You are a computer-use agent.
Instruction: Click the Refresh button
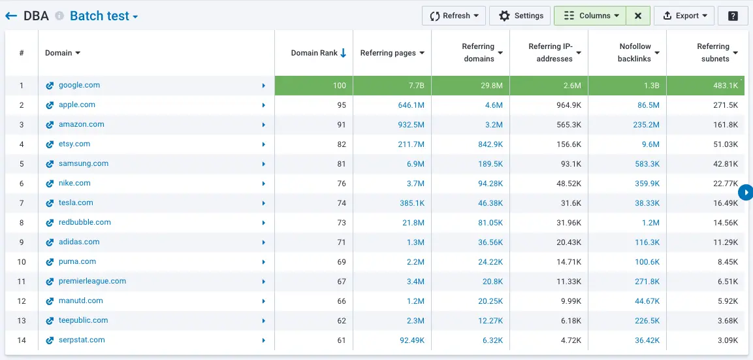pos(453,16)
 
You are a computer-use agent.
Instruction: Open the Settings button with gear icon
pos(521,16)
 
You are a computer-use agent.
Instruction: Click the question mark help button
pos(733,16)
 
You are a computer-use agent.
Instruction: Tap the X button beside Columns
pos(638,16)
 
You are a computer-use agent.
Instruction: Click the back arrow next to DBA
pos(11,16)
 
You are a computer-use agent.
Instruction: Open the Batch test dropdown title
pos(104,16)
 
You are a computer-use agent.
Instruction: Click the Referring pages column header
pos(392,53)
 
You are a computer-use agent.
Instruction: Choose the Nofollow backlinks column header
pos(638,53)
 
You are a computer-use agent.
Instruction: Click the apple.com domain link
pos(77,105)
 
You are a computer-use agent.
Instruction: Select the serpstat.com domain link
pos(82,340)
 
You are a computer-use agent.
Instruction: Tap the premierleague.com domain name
pos(92,281)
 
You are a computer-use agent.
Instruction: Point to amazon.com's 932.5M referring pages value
pos(411,125)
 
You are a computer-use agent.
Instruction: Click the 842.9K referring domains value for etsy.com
pos(489,144)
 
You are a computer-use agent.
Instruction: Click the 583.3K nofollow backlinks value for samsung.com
pos(647,164)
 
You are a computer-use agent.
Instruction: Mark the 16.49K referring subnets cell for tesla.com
pos(726,203)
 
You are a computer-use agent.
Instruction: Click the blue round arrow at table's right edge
pos(745,193)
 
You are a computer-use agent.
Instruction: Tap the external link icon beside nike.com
pos(50,184)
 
